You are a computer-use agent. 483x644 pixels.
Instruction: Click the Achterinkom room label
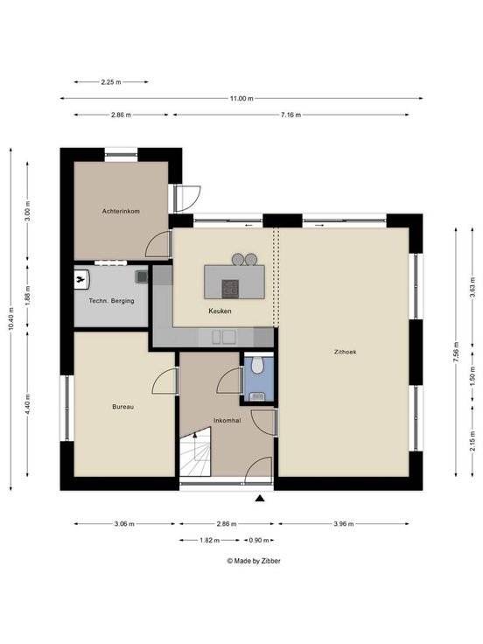coord(121,211)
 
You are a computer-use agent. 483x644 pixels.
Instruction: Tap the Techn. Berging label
coord(111,301)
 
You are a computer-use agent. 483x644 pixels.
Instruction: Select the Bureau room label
coord(122,407)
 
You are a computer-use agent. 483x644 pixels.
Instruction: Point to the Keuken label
coord(220,311)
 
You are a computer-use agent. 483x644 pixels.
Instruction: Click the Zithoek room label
coord(345,352)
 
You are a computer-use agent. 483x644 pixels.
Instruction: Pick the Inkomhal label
coord(227,420)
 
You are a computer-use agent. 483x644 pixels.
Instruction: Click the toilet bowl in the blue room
coord(257,365)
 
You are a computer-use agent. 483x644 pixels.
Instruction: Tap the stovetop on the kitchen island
coord(230,289)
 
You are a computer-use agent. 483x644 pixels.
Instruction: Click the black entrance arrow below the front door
coord(260,498)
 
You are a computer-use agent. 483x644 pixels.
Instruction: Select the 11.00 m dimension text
coord(241,98)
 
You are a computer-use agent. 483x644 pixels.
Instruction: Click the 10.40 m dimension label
coord(10,318)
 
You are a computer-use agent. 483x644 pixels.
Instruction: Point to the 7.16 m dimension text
coord(290,115)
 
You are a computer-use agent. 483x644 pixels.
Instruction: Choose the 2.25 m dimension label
coord(111,81)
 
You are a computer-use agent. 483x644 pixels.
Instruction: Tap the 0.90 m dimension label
coord(259,540)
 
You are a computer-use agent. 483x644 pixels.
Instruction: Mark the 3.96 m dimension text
coord(343,523)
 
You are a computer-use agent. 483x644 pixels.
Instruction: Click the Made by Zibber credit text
coord(254,560)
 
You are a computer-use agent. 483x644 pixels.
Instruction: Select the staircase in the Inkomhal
coord(195,451)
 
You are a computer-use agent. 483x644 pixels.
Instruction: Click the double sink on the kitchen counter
coord(224,337)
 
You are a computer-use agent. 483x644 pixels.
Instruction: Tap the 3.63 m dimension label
coord(472,287)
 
